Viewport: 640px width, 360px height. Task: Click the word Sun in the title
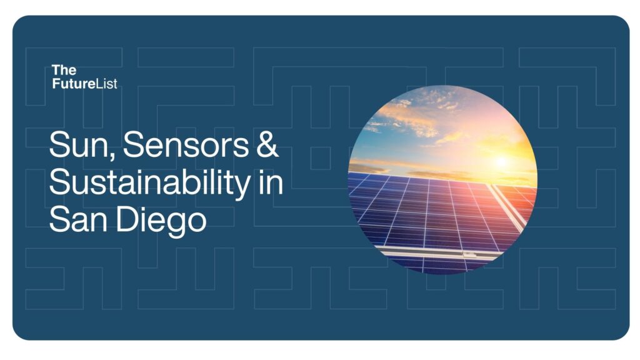(x=80, y=146)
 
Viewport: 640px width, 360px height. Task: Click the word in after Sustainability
(x=269, y=182)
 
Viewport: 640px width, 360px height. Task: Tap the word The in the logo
(x=64, y=70)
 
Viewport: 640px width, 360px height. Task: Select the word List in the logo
(x=108, y=82)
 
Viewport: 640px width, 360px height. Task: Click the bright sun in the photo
(x=501, y=162)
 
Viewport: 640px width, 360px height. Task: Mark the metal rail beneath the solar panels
(x=437, y=254)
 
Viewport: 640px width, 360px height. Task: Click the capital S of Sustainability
(x=61, y=183)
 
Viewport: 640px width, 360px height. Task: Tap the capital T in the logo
(x=56, y=70)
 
